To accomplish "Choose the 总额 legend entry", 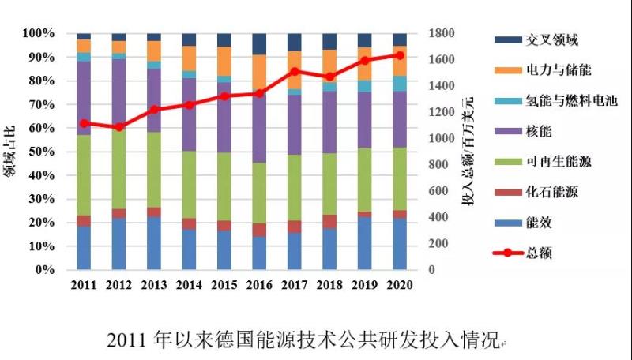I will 536,253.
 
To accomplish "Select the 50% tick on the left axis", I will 39,152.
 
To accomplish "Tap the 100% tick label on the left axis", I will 37,33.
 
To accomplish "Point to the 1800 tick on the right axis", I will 442,33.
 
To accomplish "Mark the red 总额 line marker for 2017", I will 294,71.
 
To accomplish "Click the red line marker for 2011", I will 84,123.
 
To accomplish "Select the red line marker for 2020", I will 399,55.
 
